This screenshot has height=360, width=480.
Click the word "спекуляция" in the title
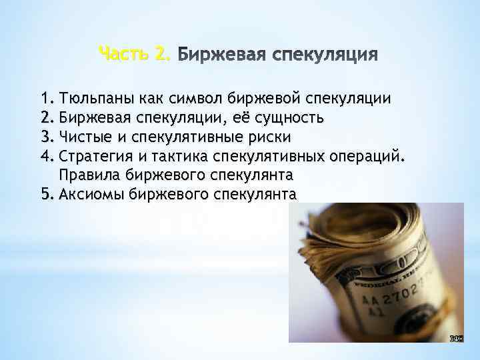click(327, 53)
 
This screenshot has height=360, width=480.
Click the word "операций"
click(367, 157)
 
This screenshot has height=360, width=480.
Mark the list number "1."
click(46, 99)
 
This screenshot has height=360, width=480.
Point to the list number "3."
click(46, 137)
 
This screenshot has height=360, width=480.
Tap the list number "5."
click(46, 195)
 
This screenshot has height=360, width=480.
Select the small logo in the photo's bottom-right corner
click(456, 337)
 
